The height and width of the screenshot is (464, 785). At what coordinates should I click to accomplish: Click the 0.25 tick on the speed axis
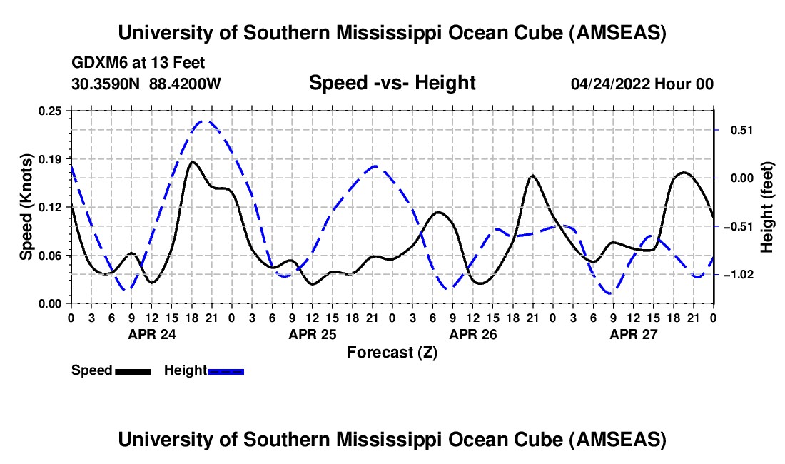(x=52, y=111)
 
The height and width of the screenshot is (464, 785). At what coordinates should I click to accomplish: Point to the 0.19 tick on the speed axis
(x=52, y=158)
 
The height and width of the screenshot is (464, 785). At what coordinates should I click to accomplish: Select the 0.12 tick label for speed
(x=52, y=207)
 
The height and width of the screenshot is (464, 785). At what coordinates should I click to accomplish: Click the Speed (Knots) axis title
(x=26, y=207)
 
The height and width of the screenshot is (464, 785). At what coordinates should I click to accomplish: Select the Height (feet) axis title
(x=766, y=207)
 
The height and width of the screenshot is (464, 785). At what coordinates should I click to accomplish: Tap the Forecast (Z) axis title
(x=392, y=352)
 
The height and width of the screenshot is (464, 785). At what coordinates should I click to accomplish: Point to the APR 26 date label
(x=473, y=333)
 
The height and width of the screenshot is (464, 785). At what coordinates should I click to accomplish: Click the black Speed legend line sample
(x=132, y=370)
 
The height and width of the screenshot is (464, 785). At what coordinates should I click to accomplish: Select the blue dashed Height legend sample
(x=226, y=370)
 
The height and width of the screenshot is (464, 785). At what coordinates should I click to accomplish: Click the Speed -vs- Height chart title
(x=392, y=83)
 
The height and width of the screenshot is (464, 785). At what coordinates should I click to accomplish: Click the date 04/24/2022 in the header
(x=610, y=84)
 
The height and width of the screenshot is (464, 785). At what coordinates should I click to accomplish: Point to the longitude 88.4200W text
(x=185, y=84)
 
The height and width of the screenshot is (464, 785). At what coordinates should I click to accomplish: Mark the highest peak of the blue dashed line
(x=204, y=121)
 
